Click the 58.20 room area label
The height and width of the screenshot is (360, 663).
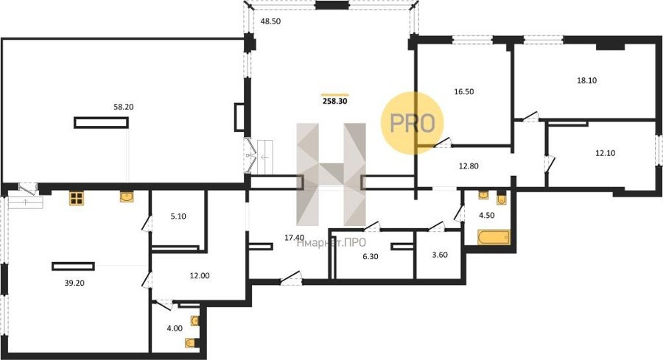[124, 107]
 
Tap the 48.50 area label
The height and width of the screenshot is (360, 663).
[270, 21]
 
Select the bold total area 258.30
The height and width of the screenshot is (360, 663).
[335, 102]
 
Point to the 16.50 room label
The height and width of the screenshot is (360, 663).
[464, 92]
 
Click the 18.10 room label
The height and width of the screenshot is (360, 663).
[587, 80]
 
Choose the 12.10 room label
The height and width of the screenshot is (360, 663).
[605, 153]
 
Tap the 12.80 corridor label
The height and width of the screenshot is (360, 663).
[469, 166]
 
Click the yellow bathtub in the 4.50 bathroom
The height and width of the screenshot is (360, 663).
[494, 237]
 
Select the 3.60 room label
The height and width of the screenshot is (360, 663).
[440, 255]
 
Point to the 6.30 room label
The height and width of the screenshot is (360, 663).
[371, 256]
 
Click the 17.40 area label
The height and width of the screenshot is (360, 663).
[294, 238]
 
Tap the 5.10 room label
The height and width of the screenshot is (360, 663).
[178, 216]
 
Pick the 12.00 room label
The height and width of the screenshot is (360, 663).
[200, 276]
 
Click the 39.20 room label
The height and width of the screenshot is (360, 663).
[74, 283]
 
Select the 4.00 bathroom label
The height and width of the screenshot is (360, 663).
[175, 328]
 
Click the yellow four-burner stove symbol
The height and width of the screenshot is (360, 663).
[77, 198]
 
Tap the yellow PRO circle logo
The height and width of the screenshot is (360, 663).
[413, 123]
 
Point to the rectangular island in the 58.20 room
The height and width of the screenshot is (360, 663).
[101, 122]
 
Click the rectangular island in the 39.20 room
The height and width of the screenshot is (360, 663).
[73, 267]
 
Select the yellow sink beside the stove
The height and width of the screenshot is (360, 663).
[127, 197]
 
